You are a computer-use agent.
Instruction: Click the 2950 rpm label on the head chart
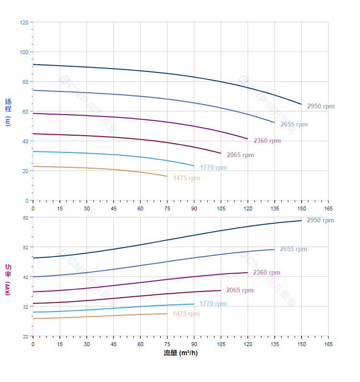[321, 106]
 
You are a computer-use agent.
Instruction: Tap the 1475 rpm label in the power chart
[186, 314]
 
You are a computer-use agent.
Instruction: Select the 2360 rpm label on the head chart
[267, 141]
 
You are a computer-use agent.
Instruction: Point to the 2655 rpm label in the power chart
[293, 249]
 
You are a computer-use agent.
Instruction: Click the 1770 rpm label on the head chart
[214, 168]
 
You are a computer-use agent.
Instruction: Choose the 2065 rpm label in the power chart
[240, 290]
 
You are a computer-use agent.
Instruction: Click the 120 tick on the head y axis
[24, 23]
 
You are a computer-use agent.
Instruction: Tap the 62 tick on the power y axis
[25, 218]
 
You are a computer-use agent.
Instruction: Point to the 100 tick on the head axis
[24, 52]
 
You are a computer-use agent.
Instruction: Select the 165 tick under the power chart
[328, 344]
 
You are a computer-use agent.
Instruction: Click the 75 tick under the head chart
[167, 208]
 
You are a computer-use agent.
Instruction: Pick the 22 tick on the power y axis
[25, 336]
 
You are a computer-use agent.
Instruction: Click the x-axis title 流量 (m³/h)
[180, 353]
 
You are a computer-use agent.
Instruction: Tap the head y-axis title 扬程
[8, 105]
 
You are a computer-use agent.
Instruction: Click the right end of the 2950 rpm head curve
[302, 104]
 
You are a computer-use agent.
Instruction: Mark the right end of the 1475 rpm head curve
[167, 176]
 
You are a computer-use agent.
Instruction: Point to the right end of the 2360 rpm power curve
[247, 273]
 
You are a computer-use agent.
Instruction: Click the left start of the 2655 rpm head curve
[33, 90]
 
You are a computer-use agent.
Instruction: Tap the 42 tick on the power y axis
[25, 277]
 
